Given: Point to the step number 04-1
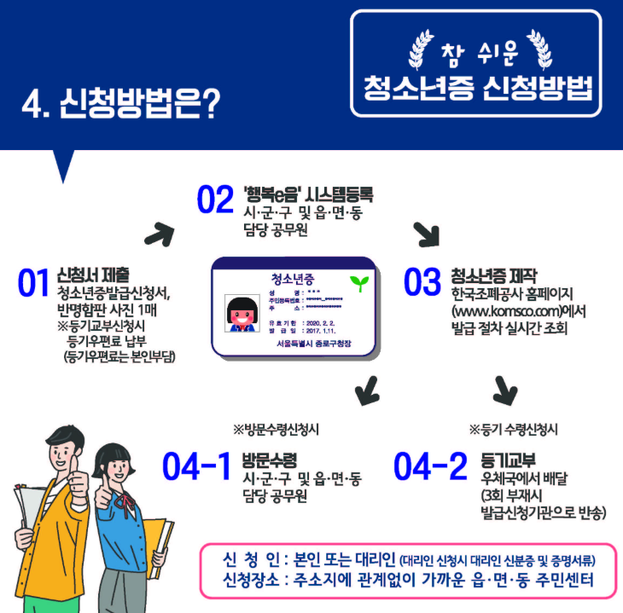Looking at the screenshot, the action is [196, 466].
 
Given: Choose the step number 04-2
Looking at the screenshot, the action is [430, 466].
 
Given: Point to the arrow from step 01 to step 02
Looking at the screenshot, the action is [158, 232].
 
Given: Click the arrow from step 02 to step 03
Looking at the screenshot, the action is [425, 233].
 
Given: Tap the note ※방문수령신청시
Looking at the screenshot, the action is [282, 429].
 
